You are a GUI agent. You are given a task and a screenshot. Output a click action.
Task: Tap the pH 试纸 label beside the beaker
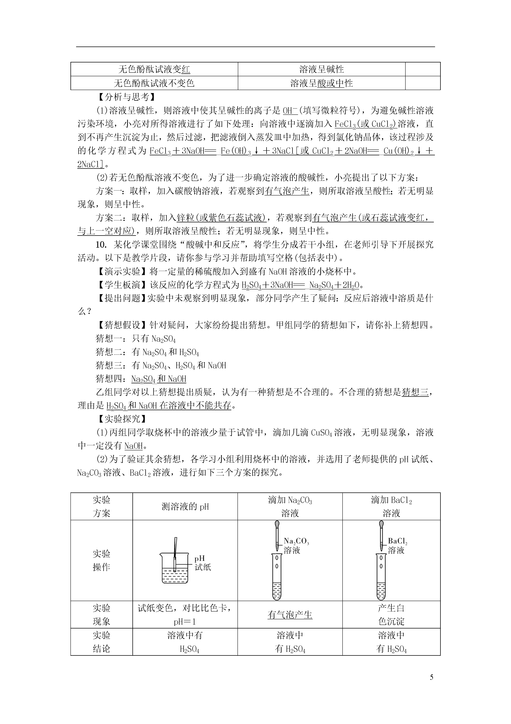pyautogui.click(x=203, y=563)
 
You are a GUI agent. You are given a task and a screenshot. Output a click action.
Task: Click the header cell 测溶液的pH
pyautogui.click(x=185, y=506)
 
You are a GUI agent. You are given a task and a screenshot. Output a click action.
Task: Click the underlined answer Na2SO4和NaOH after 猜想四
pyautogui.click(x=159, y=379)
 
